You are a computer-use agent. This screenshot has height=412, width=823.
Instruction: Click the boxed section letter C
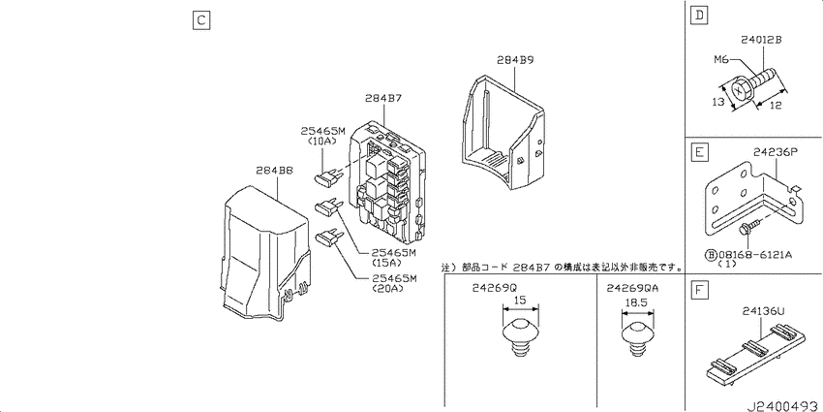pyautogui.click(x=201, y=20)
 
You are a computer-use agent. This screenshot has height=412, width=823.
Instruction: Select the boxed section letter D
pyautogui.click(x=699, y=16)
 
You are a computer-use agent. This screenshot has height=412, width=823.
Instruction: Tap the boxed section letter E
pyautogui.click(x=699, y=153)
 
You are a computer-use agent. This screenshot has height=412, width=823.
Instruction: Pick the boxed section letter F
pyautogui.click(x=699, y=290)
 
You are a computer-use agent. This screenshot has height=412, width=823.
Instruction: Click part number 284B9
pyautogui.click(x=515, y=60)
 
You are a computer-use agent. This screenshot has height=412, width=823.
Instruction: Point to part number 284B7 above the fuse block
pyautogui.click(x=384, y=98)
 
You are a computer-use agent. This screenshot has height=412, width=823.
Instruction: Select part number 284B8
pyautogui.click(x=274, y=171)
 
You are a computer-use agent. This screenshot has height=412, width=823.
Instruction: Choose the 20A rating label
pyautogui.click(x=386, y=288)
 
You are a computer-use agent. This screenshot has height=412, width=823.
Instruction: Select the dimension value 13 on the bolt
pyautogui.click(x=718, y=102)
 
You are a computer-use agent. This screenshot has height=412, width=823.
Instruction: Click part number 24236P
pyautogui.click(x=776, y=152)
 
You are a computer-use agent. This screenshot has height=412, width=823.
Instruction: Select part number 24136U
pyautogui.click(x=763, y=312)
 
